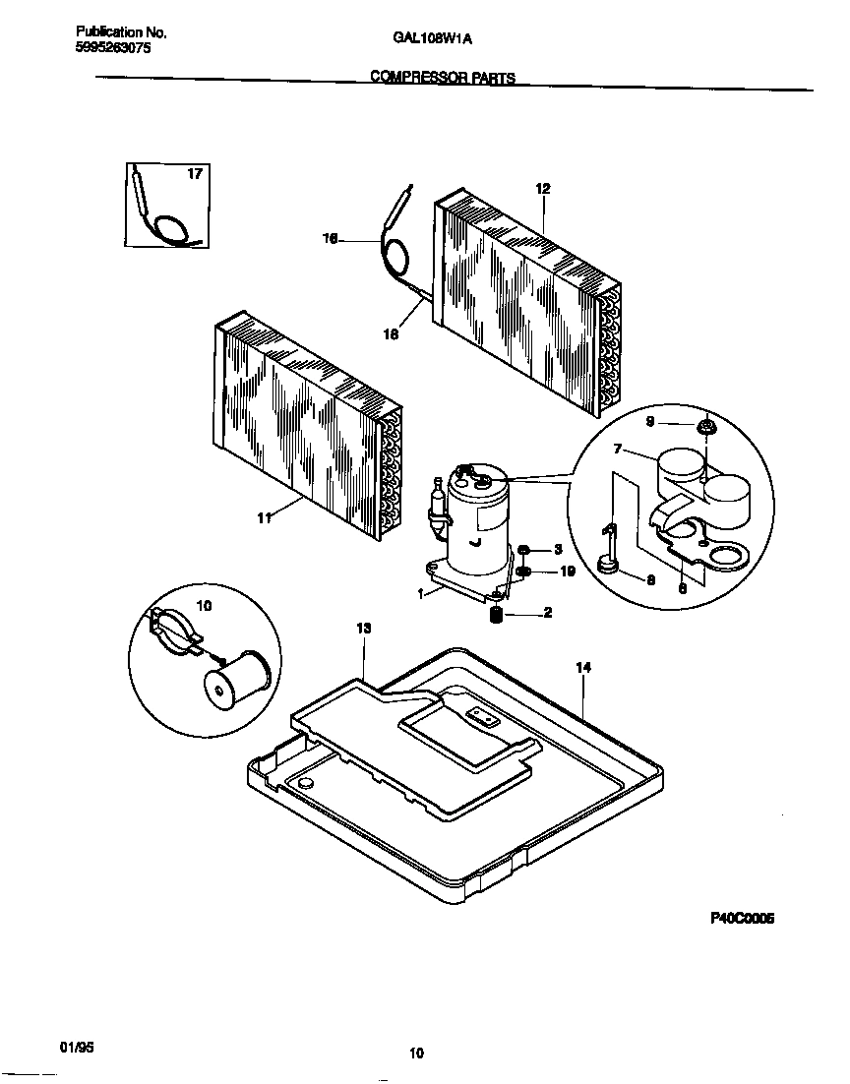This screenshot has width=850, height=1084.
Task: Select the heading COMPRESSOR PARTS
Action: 442,78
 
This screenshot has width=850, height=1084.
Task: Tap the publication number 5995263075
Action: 113,46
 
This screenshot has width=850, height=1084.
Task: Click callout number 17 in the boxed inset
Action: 194,174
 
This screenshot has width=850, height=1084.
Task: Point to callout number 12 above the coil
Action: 542,188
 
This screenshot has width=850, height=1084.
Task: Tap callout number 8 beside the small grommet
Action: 649,579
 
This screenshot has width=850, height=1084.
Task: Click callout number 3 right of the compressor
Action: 557,549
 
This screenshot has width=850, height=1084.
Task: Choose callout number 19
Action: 567,572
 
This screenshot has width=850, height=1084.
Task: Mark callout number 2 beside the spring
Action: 547,614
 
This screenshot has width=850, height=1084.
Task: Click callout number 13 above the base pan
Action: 363,628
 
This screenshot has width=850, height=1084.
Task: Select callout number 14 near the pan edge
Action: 583,667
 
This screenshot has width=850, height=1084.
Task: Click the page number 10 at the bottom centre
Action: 416,1054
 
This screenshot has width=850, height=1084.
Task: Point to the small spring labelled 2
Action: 497,616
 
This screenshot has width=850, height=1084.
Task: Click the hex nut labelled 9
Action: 705,426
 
